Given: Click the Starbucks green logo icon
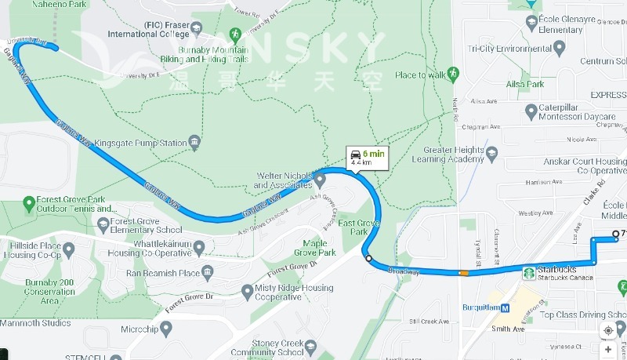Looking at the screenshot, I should pyautogui.click(x=529, y=273).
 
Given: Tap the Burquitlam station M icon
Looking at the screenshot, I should pyautogui.click(x=506, y=307).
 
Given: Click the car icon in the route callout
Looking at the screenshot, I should pyautogui.click(x=355, y=155).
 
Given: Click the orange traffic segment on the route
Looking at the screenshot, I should pyautogui.click(x=465, y=273).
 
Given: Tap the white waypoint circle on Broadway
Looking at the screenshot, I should pyautogui.click(x=368, y=257).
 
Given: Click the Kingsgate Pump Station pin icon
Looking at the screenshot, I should pyautogui.click(x=194, y=143).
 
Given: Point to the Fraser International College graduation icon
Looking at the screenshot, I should pyautogui.click(x=196, y=30).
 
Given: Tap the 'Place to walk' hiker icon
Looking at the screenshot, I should pyautogui.click(x=453, y=74).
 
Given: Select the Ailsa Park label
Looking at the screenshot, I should pyautogui.click(x=525, y=84).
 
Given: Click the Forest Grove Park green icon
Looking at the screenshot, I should pyautogui.click(x=29, y=201).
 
